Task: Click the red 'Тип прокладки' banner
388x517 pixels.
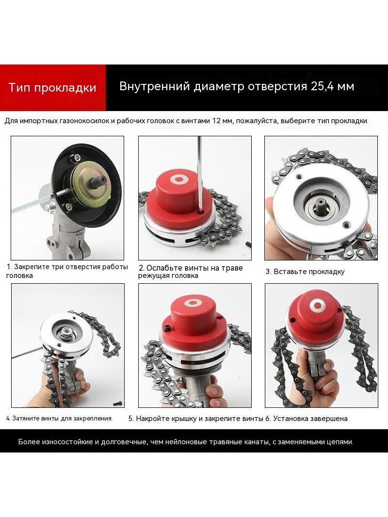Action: [53, 88]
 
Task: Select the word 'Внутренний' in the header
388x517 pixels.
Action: [154, 86]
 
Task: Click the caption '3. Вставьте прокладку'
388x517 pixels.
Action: [305, 272]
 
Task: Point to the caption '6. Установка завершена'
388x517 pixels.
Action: [307, 419]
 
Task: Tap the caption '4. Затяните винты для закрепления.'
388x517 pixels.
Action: [59, 419]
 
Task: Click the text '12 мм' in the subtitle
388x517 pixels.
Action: [222, 121]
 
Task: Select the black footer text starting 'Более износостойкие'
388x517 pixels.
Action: [186, 442]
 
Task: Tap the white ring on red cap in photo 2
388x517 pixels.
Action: [178, 180]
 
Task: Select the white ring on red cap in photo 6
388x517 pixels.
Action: [318, 305]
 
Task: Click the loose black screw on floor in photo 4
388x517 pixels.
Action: [118, 403]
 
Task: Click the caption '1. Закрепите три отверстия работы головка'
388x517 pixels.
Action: [67, 271]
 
